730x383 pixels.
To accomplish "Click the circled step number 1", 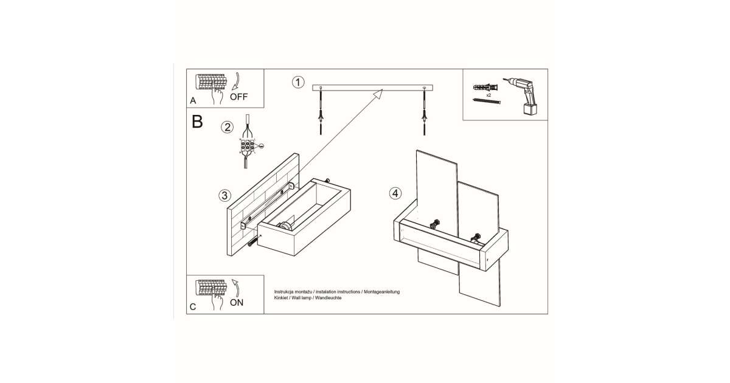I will coord(297,82).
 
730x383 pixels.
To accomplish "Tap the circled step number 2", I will coord(228,127).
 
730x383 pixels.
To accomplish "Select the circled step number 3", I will coord(225,195).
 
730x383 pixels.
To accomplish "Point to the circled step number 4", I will coord(395,193).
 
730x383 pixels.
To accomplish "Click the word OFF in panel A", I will coord(239,97).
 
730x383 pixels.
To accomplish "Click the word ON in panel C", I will coord(236,302).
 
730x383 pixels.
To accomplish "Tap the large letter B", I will coord(197,121).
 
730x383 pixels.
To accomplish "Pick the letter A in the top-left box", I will coord(193,100).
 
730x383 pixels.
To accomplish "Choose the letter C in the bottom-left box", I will coord(193,306).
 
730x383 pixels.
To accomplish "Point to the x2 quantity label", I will coord(488,95).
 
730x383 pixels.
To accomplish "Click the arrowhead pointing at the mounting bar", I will coord(378,93).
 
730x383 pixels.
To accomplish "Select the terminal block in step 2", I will coord(247,147).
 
